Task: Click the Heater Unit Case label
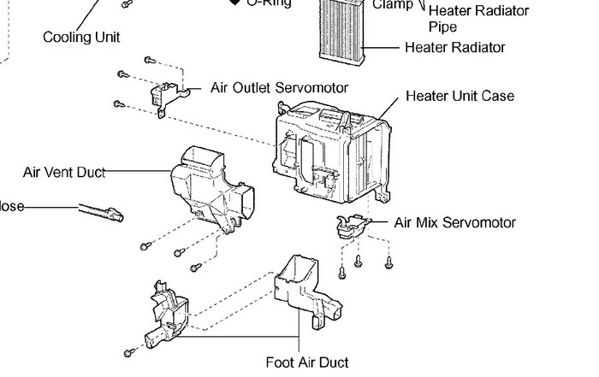coord(460,97)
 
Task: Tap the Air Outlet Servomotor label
coord(279,88)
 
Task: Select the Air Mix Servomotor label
coord(454,223)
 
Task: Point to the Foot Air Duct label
coord(307,362)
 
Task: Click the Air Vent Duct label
coord(64,173)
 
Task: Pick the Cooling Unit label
coord(81,38)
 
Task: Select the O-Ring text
coord(269,3)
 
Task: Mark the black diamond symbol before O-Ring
coord(234,3)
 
